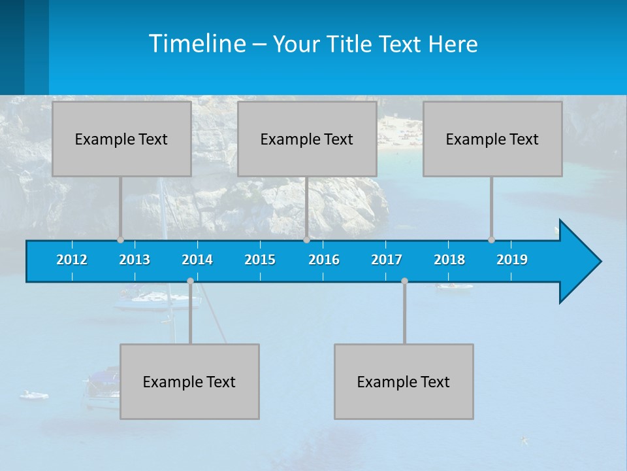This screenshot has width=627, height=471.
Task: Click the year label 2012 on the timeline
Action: point(72,260)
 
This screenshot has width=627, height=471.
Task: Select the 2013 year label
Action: point(135,260)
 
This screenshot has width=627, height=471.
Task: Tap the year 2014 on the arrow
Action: point(197,260)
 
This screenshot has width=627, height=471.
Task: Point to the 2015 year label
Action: point(260,260)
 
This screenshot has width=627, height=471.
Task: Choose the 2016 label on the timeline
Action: point(324,260)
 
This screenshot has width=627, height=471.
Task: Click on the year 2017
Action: point(387,260)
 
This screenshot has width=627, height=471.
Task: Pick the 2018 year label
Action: point(449,260)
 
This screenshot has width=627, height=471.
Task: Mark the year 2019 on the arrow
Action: point(512,260)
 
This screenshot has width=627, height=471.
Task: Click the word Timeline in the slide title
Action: point(197,44)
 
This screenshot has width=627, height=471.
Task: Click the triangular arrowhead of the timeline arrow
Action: point(579,262)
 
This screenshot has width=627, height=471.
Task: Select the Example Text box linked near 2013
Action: point(121,139)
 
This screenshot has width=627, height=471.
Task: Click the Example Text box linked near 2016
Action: point(307,139)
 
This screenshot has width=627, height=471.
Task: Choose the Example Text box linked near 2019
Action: point(492,139)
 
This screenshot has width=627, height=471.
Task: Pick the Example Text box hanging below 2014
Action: point(189,381)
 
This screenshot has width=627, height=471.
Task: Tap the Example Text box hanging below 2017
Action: point(404,381)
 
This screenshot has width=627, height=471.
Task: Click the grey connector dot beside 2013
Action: point(120,239)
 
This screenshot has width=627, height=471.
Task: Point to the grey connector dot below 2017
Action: point(404,281)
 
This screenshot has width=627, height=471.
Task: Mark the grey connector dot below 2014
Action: point(190,281)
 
